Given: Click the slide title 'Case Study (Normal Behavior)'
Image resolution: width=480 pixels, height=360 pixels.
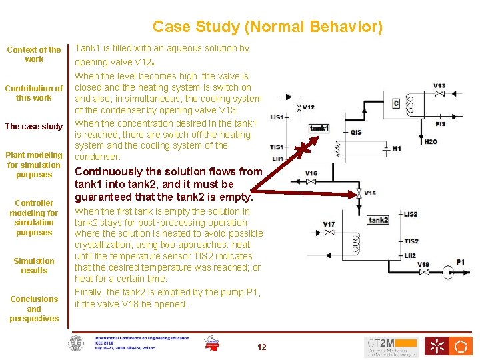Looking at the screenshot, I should click(267, 27).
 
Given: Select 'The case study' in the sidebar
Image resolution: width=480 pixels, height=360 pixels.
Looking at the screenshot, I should click(34, 127).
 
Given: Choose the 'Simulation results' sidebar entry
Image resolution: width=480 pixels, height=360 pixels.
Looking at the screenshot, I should click(34, 266).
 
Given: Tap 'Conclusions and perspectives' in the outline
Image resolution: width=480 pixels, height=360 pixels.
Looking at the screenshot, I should click(34, 309).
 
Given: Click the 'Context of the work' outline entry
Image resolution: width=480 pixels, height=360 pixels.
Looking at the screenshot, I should click(34, 54).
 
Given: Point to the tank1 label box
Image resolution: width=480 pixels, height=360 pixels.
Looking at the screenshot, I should click(319, 128).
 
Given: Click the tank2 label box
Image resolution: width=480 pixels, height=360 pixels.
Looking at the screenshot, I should click(378, 220).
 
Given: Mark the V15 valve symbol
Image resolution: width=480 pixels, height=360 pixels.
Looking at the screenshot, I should click(359, 193).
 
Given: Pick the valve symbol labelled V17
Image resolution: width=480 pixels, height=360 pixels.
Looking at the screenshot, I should click(329, 233).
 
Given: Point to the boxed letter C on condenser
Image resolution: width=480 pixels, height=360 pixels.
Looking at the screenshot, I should click(396, 103).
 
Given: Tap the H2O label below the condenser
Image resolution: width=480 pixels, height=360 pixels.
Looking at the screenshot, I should click(431, 141).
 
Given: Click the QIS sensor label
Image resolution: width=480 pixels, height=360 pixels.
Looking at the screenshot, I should click(356, 132).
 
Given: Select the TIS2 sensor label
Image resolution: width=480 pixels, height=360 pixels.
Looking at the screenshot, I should click(411, 241).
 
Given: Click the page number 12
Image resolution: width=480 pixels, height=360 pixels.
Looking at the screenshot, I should click(261, 347).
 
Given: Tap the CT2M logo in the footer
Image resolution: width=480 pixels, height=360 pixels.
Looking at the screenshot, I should click(391, 346).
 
